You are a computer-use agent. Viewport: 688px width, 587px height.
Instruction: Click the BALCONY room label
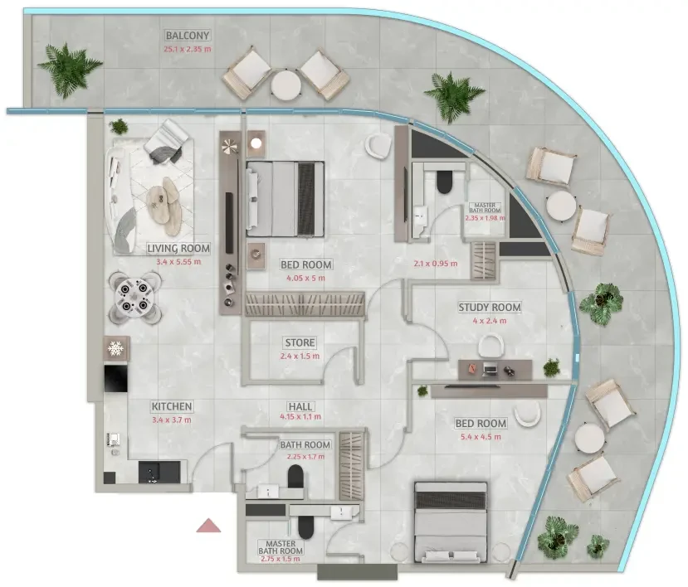[188, 35]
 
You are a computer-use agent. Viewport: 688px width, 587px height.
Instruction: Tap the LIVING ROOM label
[178, 249]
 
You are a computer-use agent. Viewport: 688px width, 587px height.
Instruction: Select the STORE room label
[300, 342]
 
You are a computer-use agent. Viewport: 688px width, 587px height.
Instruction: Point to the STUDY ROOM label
[490, 308]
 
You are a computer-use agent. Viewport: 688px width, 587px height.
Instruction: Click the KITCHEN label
[172, 406]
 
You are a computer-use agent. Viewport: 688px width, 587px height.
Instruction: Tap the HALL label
[300, 406]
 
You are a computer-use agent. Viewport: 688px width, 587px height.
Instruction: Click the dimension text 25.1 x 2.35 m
[188, 49]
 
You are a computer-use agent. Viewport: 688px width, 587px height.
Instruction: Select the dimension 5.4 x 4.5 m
[481, 437]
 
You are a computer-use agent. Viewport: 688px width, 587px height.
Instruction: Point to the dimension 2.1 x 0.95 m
[435, 264]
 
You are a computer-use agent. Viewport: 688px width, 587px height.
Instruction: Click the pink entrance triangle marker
[208, 526]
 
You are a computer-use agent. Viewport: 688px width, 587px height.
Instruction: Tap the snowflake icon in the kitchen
[116, 349]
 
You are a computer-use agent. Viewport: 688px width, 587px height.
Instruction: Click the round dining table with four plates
[134, 297]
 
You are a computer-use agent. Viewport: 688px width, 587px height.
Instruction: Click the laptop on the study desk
[490, 371]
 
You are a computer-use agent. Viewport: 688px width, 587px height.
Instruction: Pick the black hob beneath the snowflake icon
[116, 379]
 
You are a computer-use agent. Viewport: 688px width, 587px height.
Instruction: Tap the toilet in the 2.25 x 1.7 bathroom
[295, 477]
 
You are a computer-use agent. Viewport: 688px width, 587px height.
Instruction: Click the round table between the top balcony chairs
[285, 85]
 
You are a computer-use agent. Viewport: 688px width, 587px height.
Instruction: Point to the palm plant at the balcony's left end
[69, 70]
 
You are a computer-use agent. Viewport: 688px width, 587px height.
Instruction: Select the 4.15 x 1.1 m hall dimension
[300, 416]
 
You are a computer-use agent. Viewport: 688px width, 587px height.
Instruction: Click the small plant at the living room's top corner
[119, 127]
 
